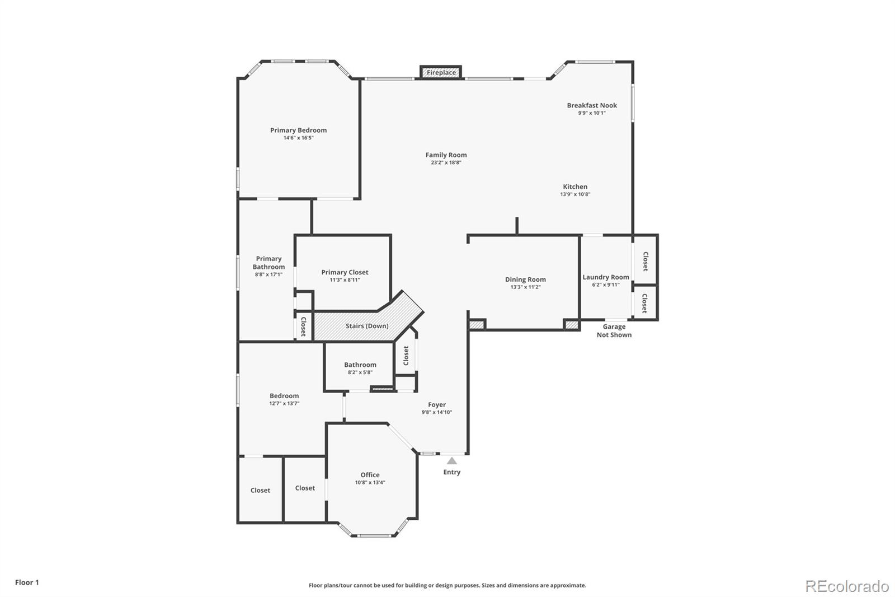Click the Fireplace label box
[441, 73]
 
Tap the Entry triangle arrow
[451, 461]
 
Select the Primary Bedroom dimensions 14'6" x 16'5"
[298, 138]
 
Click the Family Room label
[446, 155]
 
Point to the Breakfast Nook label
[592, 105]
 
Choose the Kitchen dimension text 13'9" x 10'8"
[575, 194]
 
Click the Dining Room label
[525, 279]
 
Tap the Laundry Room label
[606, 277]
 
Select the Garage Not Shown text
[614, 330]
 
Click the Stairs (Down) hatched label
[366, 326]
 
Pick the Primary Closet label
[345, 272]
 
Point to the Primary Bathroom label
[268, 263]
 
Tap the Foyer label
[437, 405]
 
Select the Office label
[370, 475]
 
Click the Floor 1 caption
[27, 582]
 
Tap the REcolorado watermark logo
[847, 586]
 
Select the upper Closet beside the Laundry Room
[645, 260]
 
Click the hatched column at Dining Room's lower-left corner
[477, 324]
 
